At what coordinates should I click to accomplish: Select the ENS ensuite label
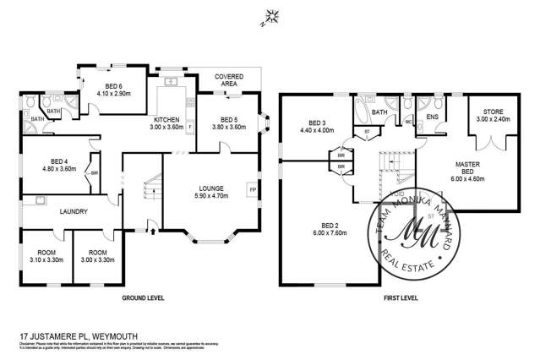point(431,118)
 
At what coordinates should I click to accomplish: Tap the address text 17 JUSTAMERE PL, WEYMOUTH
point(69,335)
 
